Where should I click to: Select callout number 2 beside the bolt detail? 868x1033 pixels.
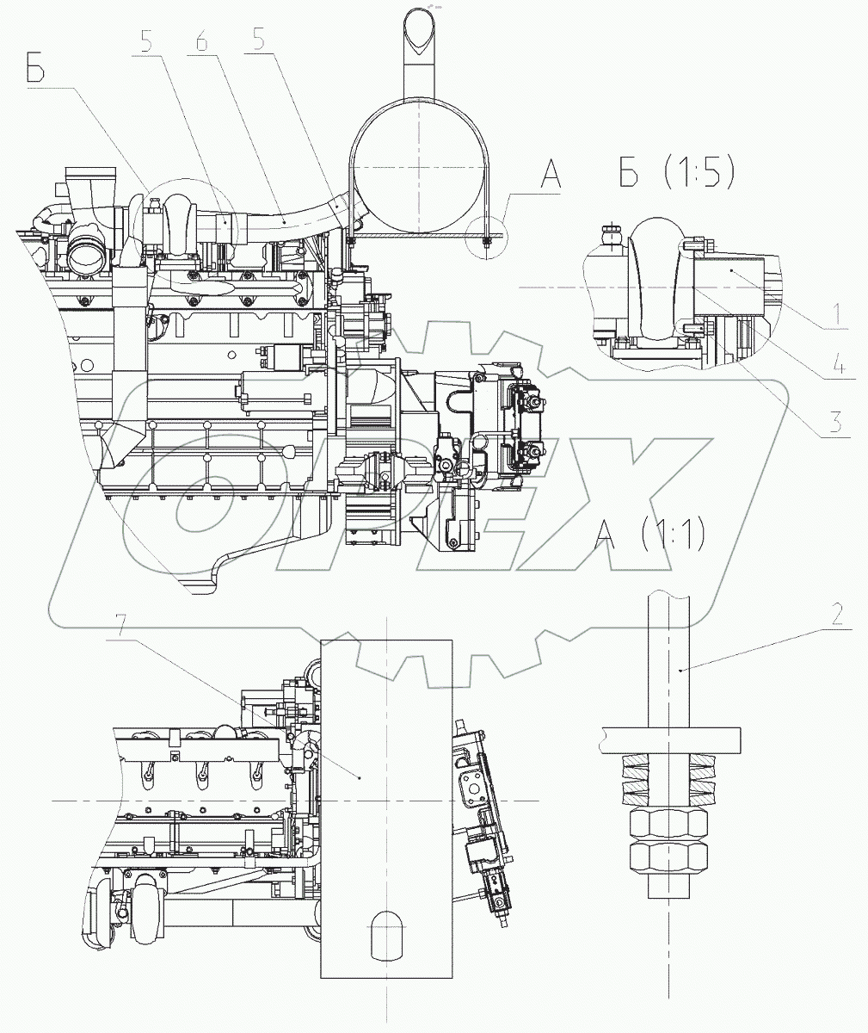pos(836,614)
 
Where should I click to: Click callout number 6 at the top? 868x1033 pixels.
pos(201,41)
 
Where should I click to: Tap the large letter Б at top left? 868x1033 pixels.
pos(35,71)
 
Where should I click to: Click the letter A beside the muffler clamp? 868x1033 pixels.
pos(551,176)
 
